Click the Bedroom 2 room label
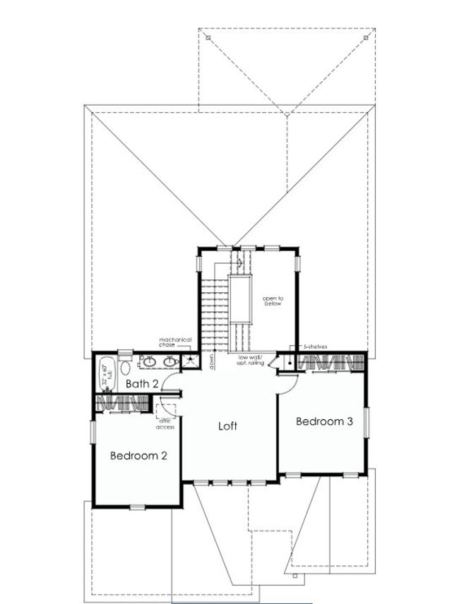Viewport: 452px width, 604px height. point(138,456)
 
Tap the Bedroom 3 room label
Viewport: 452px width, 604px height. point(323,421)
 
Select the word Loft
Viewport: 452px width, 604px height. point(227,426)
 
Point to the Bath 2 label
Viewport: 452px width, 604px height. point(141,384)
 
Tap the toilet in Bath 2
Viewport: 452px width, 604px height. point(126,366)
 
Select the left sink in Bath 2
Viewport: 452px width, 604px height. point(148,363)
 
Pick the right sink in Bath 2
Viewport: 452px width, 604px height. point(169,363)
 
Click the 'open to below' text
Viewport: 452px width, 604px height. point(273,301)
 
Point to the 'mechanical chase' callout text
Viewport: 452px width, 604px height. point(175,342)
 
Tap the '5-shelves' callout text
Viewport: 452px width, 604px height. point(314,346)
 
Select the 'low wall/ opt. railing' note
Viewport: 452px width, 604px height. point(251,359)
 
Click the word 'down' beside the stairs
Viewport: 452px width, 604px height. point(211,360)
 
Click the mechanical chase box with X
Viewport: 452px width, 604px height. point(189,361)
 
